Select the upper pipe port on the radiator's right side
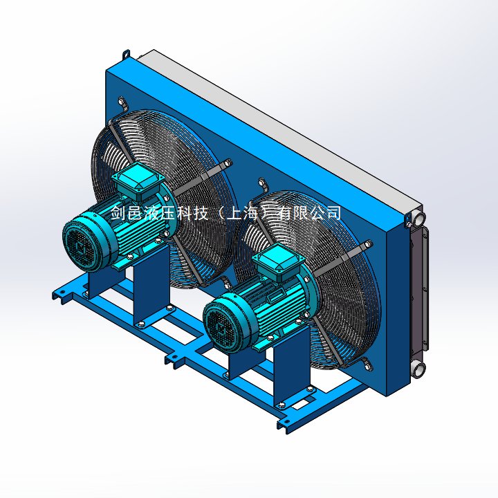418,219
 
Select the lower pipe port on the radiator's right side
418,369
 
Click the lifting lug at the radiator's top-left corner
127,54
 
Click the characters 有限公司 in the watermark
309,213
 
